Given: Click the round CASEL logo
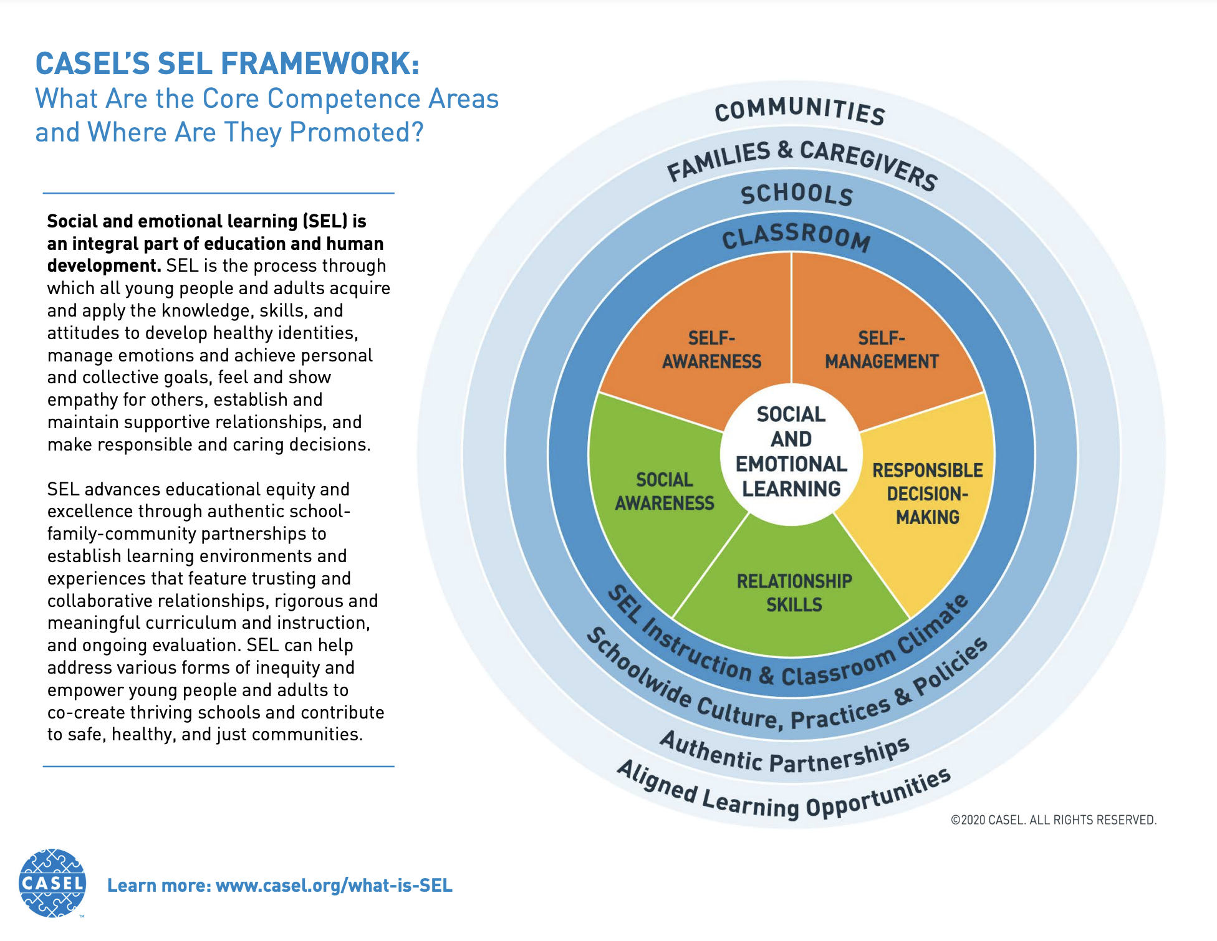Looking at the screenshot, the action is click(52, 882).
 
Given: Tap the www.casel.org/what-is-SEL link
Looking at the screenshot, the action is click(334, 886).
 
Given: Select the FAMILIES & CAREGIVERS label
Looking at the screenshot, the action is click(802, 163).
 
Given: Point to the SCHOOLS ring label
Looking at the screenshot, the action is click(797, 194).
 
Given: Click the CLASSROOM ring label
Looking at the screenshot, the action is click(796, 237).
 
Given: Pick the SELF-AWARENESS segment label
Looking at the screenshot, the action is click(711, 350).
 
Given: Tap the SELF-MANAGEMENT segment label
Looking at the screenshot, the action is click(882, 350).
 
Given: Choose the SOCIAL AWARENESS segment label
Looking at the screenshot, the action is click(665, 491).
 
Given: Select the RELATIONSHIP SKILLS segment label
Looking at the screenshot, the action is click(794, 593).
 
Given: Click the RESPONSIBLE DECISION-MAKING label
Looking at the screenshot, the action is click(928, 494).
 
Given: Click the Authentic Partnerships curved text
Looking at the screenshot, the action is click(785, 753).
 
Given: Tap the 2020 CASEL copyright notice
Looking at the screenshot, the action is click(1054, 820).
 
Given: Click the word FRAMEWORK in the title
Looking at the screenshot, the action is click(320, 64).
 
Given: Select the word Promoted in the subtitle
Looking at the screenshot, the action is click(357, 133).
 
